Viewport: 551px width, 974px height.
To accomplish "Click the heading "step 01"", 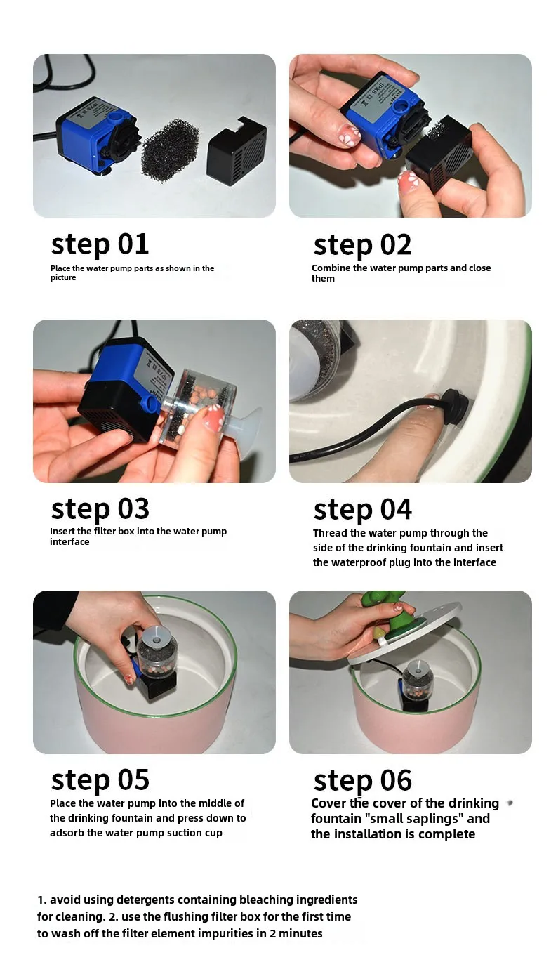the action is pos(100,244).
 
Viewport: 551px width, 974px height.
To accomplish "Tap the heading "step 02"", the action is pos(362,245).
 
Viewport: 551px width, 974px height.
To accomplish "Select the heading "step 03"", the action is pos(100,509).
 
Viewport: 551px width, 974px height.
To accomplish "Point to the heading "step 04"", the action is pos(362,510).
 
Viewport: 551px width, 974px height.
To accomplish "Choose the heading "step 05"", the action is pos(100,780).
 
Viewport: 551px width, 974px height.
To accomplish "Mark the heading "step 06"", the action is pos(362,781).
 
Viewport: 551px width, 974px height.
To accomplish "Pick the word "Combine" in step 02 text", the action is pos(331,268).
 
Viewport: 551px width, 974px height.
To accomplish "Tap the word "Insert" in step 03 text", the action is pos(62,531).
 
